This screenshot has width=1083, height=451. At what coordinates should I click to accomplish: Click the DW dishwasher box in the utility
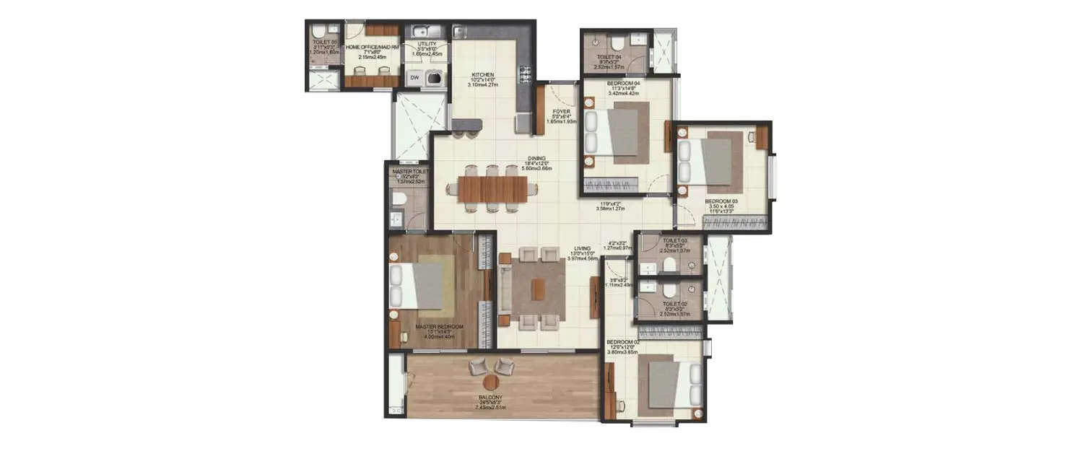tap(414, 77)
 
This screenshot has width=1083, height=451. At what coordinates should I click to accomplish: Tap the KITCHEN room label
tap(482, 74)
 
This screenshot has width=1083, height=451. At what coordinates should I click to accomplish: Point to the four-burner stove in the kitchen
tap(525, 74)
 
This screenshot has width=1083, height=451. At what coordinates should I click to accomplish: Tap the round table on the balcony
tap(492, 382)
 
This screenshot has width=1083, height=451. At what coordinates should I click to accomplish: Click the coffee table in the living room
tap(538, 289)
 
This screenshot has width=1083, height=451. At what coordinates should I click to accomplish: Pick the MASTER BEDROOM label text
tap(439, 326)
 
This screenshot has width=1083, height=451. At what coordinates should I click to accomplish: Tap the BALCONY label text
tap(490, 398)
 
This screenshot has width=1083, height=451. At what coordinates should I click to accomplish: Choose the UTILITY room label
tap(427, 43)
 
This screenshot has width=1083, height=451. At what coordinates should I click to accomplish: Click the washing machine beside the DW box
tap(435, 77)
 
